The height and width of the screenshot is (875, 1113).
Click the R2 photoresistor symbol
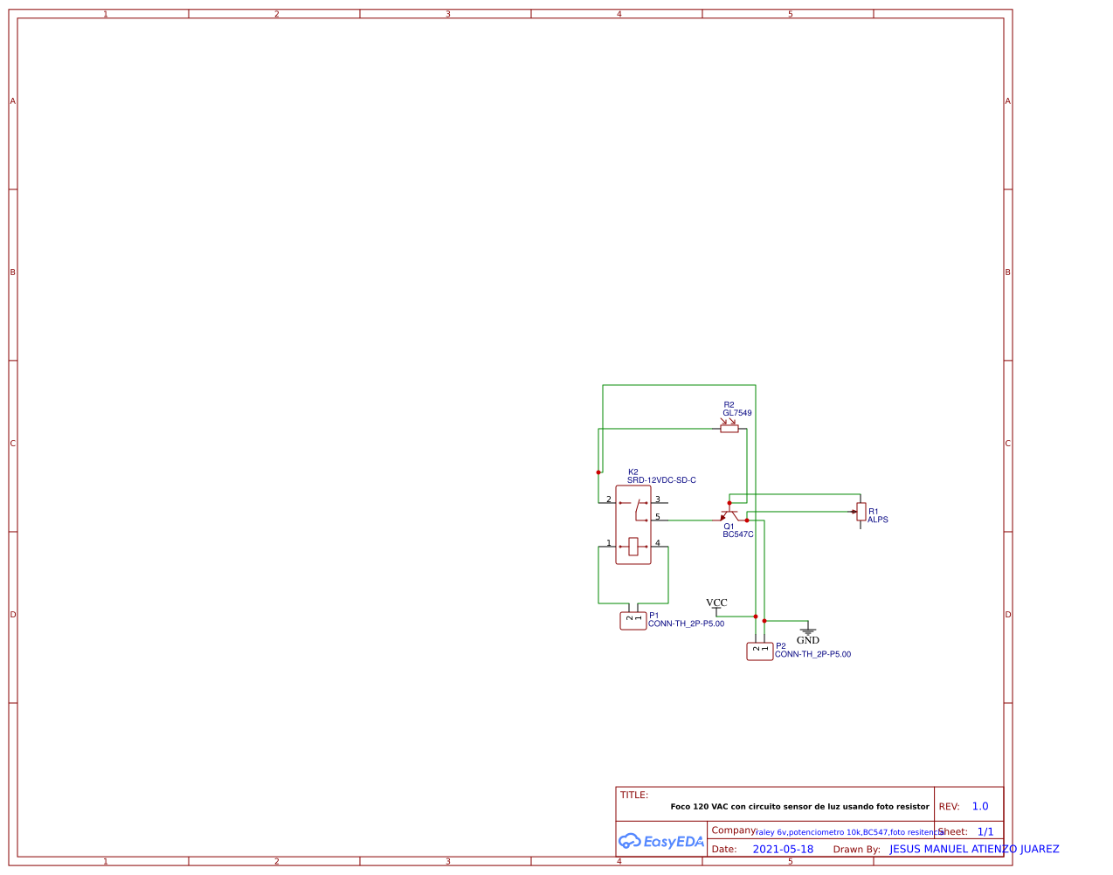click(729, 429)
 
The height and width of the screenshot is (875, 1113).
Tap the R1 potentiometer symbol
click(861, 512)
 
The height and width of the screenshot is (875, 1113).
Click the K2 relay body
click(633, 525)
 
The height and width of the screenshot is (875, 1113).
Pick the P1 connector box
click(633, 621)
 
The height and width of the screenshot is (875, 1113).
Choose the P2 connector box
click(760, 651)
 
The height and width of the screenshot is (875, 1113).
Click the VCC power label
click(716, 603)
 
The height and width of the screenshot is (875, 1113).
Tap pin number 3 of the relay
click(658, 500)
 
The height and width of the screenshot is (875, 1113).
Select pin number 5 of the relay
click(658, 517)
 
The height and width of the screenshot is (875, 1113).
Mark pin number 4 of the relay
click(658, 543)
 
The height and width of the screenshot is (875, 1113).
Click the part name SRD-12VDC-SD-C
click(661, 480)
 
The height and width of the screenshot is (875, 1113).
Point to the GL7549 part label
click(736, 413)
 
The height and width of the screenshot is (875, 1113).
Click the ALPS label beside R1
click(877, 520)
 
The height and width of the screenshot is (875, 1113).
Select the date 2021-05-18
click(783, 849)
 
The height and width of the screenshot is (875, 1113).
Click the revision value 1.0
click(980, 806)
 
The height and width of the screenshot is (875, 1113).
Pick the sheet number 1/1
click(985, 831)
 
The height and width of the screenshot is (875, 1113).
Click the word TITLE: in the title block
click(634, 795)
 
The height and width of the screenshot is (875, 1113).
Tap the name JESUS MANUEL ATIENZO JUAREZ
click(974, 849)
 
